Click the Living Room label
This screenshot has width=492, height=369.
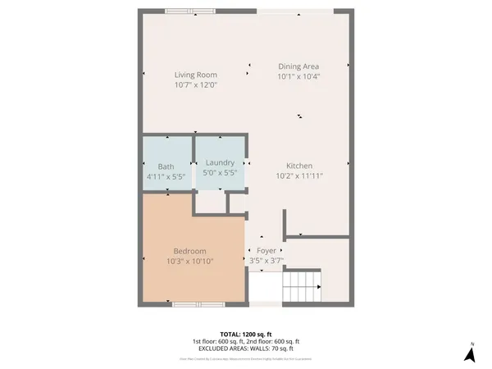[x=195, y=75]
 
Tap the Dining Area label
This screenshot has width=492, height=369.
[x=298, y=66]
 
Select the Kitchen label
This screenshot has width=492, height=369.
[x=299, y=165]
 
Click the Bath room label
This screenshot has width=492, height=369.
[x=166, y=166]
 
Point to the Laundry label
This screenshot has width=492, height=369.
[x=220, y=162]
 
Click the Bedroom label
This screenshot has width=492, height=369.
[x=189, y=251]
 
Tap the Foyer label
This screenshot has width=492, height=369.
[x=266, y=251]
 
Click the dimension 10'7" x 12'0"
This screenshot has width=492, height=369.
[x=195, y=84]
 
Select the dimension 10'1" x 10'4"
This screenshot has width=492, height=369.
[x=298, y=76]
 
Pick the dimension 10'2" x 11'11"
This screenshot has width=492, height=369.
[x=299, y=175]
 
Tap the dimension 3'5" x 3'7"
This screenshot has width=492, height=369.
[x=266, y=261]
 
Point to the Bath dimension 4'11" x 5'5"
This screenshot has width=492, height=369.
[x=166, y=176]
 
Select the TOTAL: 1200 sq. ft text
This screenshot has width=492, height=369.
[x=246, y=334]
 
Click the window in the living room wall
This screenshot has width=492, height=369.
[x=187, y=11]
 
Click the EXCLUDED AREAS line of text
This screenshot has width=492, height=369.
[x=246, y=348]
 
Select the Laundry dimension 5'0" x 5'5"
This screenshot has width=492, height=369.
[x=220, y=173]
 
